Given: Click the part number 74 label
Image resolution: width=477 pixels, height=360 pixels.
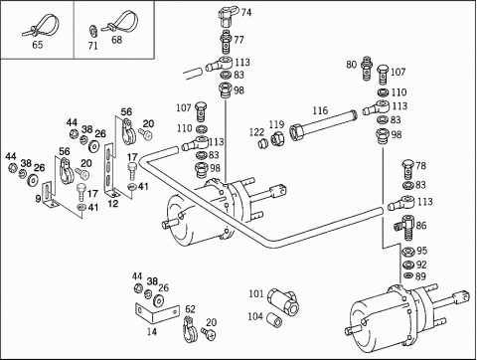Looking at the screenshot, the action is pyautogui.click(x=246, y=13).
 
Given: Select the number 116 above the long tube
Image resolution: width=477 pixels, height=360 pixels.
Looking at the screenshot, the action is pyautogui.click(x=320, y=110).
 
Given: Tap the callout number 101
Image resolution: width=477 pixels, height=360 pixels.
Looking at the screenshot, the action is pyautogui.click(x=256, y=293).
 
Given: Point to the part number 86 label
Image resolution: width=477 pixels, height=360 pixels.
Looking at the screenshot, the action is pyautogui.click(x=421, y=226).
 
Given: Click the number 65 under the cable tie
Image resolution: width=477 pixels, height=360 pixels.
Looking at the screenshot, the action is pyautogui.click(x=38, y=45).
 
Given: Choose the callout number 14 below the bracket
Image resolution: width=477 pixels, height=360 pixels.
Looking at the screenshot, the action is pyautogui.click(x=152, y=331).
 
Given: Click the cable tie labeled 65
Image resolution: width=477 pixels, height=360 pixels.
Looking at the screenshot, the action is pyautogui.click(x=42, y=25).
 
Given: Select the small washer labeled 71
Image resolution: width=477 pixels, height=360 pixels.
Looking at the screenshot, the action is pyautogui.click(x=92, y=31).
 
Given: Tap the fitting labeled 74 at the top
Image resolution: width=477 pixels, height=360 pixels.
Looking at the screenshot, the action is pyautogui.click(x=228, y=14).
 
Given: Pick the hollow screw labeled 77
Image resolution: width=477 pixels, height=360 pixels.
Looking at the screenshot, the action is pyautogui.click(x=226, y=41).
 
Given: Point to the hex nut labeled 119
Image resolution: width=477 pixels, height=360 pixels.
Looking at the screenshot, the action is pyautogui.click(x=278, y=137).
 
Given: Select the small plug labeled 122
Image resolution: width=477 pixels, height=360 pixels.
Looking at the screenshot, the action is pyautogui.click(x=262, y=144).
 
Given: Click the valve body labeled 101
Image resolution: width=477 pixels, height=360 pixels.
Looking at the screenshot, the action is pyautogui.click(x=283, y=300).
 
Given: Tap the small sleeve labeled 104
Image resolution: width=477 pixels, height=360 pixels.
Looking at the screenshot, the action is pyautogui.click(x=275, y=318).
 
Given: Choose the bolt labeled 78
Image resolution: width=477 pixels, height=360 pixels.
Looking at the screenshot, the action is pyautogui.click(x=407, y=168).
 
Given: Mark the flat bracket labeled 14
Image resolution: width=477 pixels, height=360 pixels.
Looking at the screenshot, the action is pyautogui.click(x=157, y=312).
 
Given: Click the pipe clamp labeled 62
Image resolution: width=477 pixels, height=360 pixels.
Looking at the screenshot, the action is pyautogui.click(x=190, y=329).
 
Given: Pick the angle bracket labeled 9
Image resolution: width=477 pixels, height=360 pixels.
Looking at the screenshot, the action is pyautogui.click(x=51, y=195).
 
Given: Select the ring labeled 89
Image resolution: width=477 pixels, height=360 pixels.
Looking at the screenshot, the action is pyautogui.click(x=408, y=275).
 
